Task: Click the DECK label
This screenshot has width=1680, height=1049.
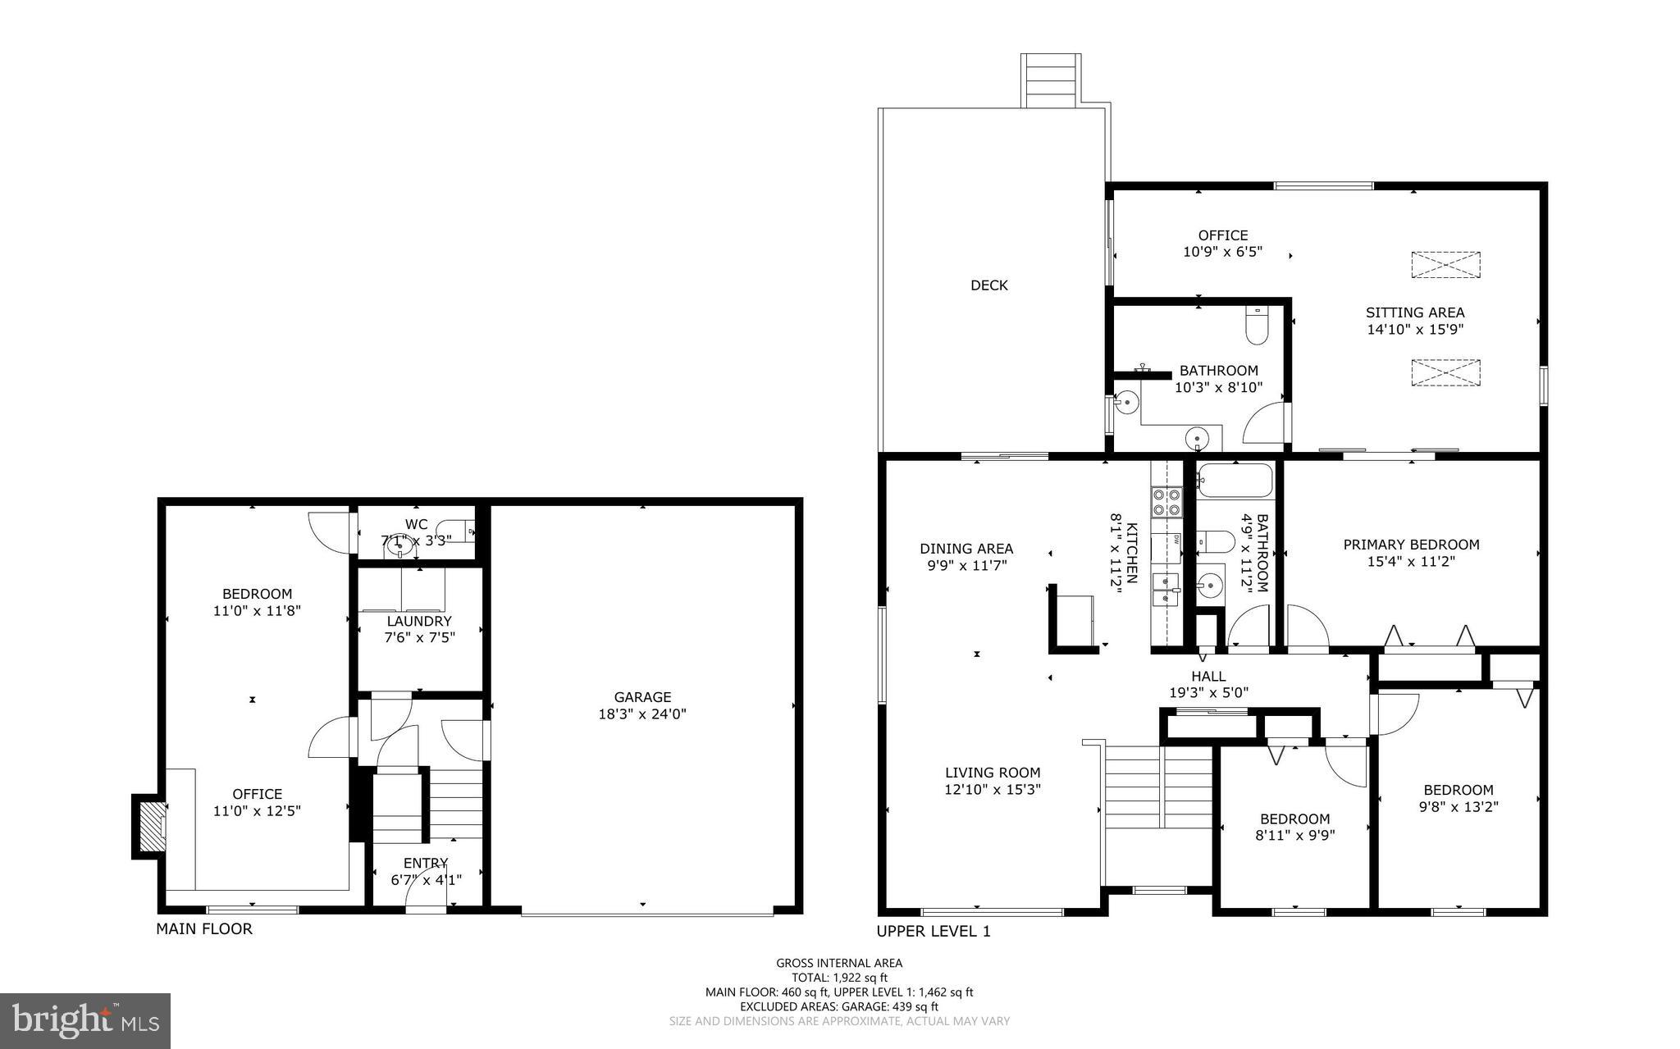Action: (988, 285)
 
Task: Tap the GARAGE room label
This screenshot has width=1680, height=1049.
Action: (642, 697)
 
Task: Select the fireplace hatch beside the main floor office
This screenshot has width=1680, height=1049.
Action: (151, 826)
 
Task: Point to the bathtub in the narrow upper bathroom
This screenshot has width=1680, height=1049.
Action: (1234, 481)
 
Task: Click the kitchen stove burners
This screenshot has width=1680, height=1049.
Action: (1166, 502)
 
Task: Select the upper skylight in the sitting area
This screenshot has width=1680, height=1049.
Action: (1445, 265)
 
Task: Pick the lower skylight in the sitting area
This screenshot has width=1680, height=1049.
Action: (1445, 372)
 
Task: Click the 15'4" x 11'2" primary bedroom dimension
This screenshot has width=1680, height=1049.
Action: (1411, 562)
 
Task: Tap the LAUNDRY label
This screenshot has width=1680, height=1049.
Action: (419, 621)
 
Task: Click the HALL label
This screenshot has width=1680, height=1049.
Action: (1208, 676)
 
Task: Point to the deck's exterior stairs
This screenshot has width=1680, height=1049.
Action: (1050, 80)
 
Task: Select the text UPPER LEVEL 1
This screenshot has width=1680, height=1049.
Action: (934, 931)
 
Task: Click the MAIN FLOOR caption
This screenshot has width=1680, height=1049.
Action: (204, 928)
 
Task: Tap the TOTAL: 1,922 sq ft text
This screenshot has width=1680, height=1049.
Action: (839, 978)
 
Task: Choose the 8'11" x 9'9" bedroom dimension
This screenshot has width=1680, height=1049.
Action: (1294, 836)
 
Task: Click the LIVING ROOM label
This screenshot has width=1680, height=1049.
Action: (993, 772)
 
